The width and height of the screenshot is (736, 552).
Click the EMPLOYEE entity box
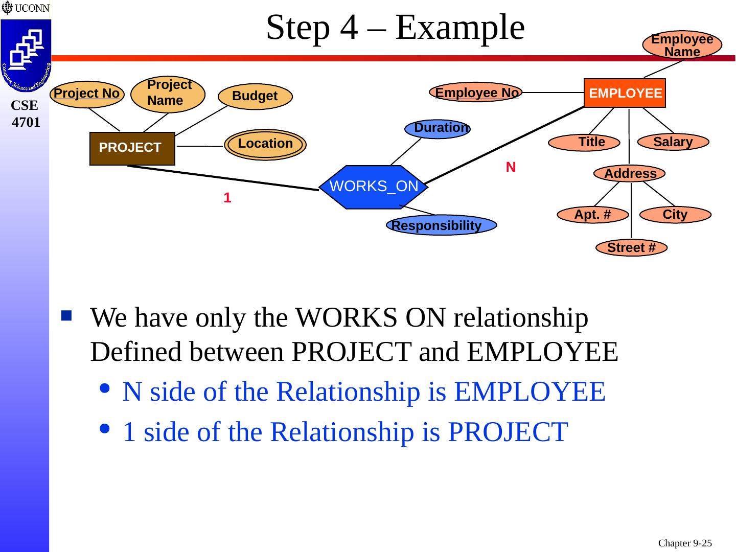[625, 93]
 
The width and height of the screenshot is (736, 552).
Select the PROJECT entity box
[132, 148]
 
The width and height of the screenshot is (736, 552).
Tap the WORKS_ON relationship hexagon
[374, 187]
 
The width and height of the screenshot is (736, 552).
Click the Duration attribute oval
[438, 129]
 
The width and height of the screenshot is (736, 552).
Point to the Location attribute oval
[265, 144]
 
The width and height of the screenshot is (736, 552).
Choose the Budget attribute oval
[255, 96]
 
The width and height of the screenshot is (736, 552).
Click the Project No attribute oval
[87, 94]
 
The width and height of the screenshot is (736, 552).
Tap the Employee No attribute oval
[476, 93]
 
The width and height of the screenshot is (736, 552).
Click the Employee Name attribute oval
[682, 45]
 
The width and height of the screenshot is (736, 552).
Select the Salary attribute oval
[673, 142]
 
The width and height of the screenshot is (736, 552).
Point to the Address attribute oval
[630, 174]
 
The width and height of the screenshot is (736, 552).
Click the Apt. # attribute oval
[592, 215]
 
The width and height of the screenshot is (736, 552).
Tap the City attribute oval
[675, 215]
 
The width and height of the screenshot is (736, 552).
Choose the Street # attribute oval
[631, 248]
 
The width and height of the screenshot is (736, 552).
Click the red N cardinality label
[511, 167]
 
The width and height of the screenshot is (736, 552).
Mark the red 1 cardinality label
[227, 198]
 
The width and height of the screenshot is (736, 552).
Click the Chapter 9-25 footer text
[684, 543]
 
